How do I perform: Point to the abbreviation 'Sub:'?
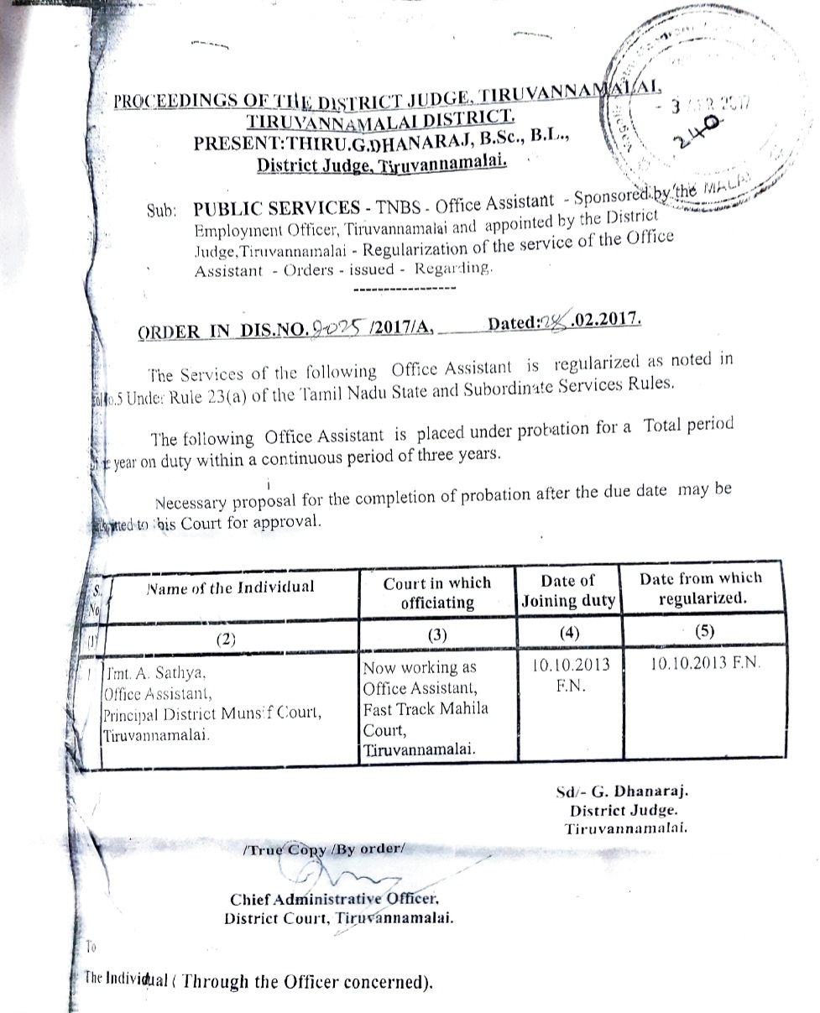click(x=160, y=212)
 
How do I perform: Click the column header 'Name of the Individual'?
click(x=231, y=587)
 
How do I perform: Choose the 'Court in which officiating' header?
click(x=437, y=593)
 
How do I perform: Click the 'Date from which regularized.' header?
click(x=701, y=587)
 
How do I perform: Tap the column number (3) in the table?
click(x=436, y=634)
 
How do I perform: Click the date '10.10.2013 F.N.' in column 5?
click(x=706, y=663)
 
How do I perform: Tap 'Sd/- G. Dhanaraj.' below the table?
click(x=622, y=791)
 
